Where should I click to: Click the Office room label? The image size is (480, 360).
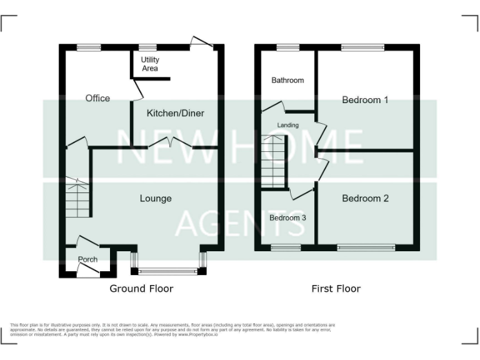pos(97,98)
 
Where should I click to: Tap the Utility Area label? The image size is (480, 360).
pos(150,64)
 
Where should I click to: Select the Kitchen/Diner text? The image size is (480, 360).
pos(175,113)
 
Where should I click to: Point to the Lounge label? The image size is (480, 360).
pos(155,198)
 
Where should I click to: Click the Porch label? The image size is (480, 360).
pos(87,259)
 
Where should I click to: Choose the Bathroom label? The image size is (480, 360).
pos(287,80)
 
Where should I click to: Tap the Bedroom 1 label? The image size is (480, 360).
pos(365,99)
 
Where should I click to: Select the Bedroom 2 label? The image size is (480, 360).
pos(365,198)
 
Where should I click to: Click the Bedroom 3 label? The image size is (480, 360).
pos(287,217)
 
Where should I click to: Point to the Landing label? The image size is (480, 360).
pos(287,125)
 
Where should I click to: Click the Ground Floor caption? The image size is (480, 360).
pos(141,288)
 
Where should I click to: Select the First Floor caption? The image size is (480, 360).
pos(336,288)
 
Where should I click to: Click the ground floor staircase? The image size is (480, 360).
pos(78,197)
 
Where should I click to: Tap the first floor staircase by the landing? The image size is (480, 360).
pos(273,162)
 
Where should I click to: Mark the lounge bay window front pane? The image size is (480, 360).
pos(167,271)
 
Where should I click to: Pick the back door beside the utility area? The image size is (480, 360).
pos(201,42)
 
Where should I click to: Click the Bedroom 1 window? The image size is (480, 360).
pos(362,46)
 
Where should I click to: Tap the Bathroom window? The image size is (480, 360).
pos(287,46)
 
